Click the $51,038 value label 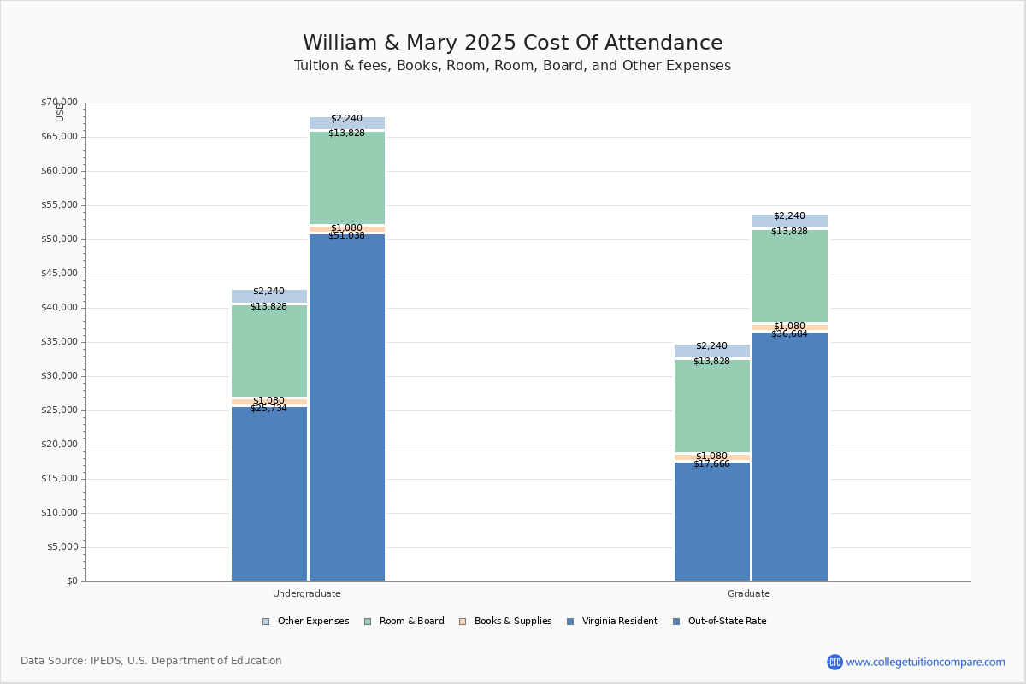click(346, 235)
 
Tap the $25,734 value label click(268, 408)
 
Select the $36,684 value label click(789, 333)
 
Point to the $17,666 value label click(711, 463)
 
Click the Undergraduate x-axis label click(306, 593)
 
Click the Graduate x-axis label click(749, 593)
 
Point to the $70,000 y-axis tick click(59, 103)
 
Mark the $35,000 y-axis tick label click(59, 342)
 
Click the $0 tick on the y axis click(71, 581)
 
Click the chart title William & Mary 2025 click(512, 44)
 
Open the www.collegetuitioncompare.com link click(925, 662)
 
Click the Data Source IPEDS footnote click(151, 661)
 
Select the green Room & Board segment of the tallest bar click(347, 177)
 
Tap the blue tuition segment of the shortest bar click(711, 522)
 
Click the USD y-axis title click(60, 112)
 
